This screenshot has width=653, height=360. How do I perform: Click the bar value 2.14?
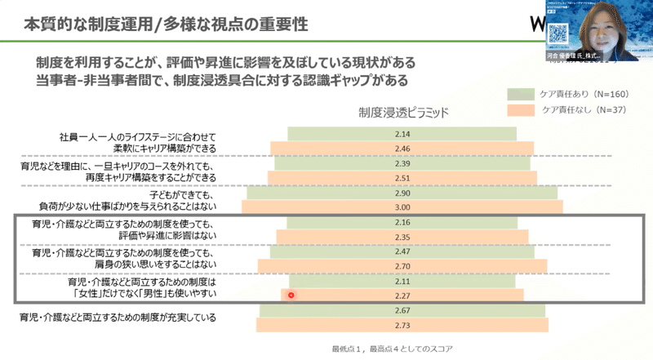pos(401,133)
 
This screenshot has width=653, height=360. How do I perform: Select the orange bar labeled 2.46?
pos(401,149)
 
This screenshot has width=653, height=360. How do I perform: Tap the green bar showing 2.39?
pos(401,164)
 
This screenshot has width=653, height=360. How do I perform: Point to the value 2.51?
pos(401,179)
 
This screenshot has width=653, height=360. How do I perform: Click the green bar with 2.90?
pos(401,195)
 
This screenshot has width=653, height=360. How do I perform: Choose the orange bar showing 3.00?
pos(401,210)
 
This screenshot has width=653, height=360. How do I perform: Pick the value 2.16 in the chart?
pos(401,223)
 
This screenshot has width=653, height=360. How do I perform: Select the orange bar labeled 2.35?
pos(401,238)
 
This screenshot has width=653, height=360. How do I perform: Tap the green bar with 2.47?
pos(401,251)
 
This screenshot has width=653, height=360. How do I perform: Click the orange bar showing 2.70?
pos(401,266)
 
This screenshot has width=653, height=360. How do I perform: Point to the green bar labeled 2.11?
pos(401,281)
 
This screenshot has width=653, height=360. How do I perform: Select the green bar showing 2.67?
pos(401,311)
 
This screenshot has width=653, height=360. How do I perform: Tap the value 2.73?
pos(401,326)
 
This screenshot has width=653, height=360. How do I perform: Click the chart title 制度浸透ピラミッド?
pos(402,112)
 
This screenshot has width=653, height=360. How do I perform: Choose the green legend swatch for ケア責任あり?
pos(521,93)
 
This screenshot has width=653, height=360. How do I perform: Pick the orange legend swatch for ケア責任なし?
pos(521,109)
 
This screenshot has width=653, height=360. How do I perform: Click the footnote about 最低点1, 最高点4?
pos(393,349)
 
